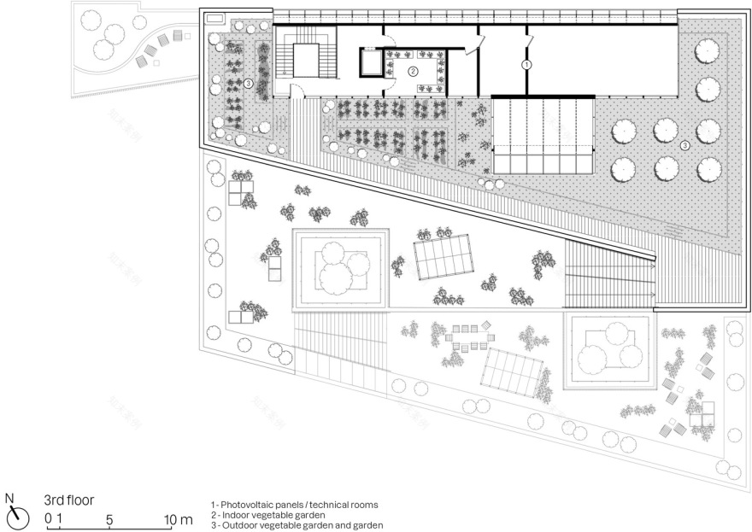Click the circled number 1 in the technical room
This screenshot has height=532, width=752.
tap(527, 64)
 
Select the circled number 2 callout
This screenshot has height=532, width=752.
tap(413, 72)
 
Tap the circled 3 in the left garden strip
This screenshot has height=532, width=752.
tap(248, 84)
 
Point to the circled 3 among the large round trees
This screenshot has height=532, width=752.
tap(684, 146)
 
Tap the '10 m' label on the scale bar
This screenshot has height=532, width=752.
tap(180, 519)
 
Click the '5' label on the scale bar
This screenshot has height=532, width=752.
tap(109, 519)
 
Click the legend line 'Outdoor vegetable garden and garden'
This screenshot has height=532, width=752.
tap(296, 525)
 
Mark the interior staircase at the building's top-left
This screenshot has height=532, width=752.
tap(307, 59)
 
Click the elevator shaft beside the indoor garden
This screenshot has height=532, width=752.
tap(371, 65)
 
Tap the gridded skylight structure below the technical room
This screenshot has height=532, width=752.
tap(543, 135)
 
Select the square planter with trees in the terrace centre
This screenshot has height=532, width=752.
tap(341, 266)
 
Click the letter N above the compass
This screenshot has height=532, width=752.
tap(9, 497)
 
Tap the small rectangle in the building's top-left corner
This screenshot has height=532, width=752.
tap(214, 18)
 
